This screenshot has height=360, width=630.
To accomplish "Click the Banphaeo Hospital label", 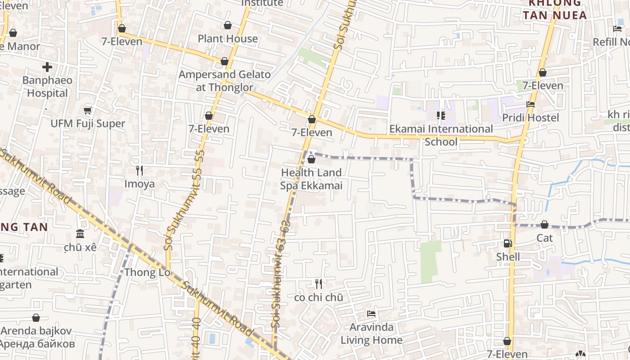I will [47, 87].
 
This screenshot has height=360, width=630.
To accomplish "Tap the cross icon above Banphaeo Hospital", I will [47, 67].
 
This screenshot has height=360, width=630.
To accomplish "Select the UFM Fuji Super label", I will [88, 123].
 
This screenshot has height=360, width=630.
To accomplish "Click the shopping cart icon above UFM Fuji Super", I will [88, 110].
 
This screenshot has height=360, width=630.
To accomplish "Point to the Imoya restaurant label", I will [139, 184].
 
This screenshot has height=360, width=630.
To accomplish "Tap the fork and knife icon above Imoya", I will [139, 170].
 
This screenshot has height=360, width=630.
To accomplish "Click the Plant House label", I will [228, 39].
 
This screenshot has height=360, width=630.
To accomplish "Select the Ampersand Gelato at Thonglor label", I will [225, 81].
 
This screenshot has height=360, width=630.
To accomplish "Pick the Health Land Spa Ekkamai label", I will [311, 179].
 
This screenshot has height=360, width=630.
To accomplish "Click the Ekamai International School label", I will [441, 135].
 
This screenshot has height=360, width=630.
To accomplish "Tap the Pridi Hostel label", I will [531, 117].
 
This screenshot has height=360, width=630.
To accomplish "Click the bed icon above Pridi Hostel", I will [531, 104].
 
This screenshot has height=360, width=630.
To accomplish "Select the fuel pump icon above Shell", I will [508, 243].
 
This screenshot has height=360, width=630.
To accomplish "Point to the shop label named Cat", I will [544, 238].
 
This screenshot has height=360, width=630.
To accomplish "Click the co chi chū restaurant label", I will [319, 297].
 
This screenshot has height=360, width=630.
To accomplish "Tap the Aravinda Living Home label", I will [371, 333].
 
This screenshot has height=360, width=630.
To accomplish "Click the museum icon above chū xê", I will [80, 234].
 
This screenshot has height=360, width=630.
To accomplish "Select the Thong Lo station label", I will [147, 272].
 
